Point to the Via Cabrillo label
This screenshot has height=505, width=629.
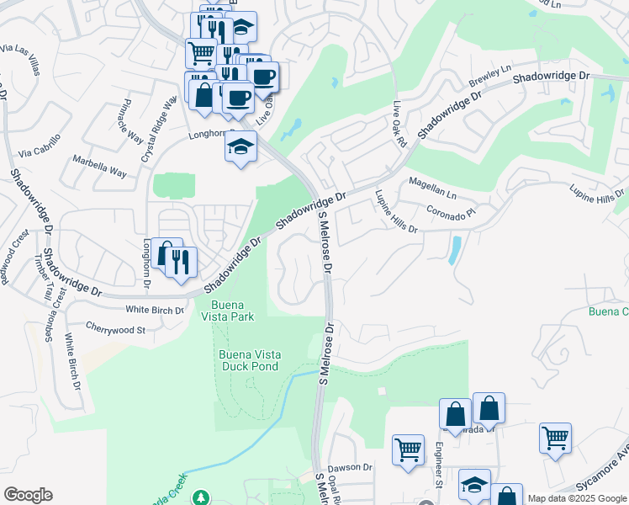40,146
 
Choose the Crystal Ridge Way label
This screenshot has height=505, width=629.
157,130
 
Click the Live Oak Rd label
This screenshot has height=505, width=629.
399,122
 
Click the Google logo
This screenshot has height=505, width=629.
28,495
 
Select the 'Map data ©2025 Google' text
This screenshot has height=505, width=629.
578,498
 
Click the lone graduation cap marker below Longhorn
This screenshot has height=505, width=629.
240,147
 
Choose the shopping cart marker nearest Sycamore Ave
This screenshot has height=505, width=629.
555,438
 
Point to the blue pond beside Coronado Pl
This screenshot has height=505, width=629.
455,250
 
